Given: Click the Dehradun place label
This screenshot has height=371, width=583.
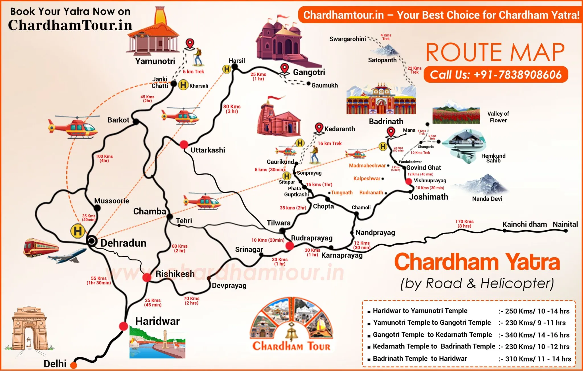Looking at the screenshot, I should pos(123,243).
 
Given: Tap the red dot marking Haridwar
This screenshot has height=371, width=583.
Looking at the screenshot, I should pos(123,326).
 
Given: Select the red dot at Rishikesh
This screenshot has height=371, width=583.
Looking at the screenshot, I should pos(147,277).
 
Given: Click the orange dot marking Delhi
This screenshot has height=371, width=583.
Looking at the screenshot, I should pos(73,365).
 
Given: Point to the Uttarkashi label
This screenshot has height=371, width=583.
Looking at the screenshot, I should pos(208,150).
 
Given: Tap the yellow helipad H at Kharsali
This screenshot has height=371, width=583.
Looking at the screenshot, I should pos(183,85).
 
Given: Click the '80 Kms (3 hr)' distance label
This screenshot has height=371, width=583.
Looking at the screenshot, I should pos(232,109).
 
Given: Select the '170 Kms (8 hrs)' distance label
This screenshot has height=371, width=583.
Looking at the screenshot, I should pos(464,224).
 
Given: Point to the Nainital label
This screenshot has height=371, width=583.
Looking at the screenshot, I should pos(565,224).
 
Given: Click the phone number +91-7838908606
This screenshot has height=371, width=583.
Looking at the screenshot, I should pos(496,75).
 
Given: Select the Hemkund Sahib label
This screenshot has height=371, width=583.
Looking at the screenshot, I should pos(493,158).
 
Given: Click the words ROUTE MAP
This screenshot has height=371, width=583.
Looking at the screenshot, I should pos(495,53).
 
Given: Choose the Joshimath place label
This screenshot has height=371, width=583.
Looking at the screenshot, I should pos(428,197).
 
